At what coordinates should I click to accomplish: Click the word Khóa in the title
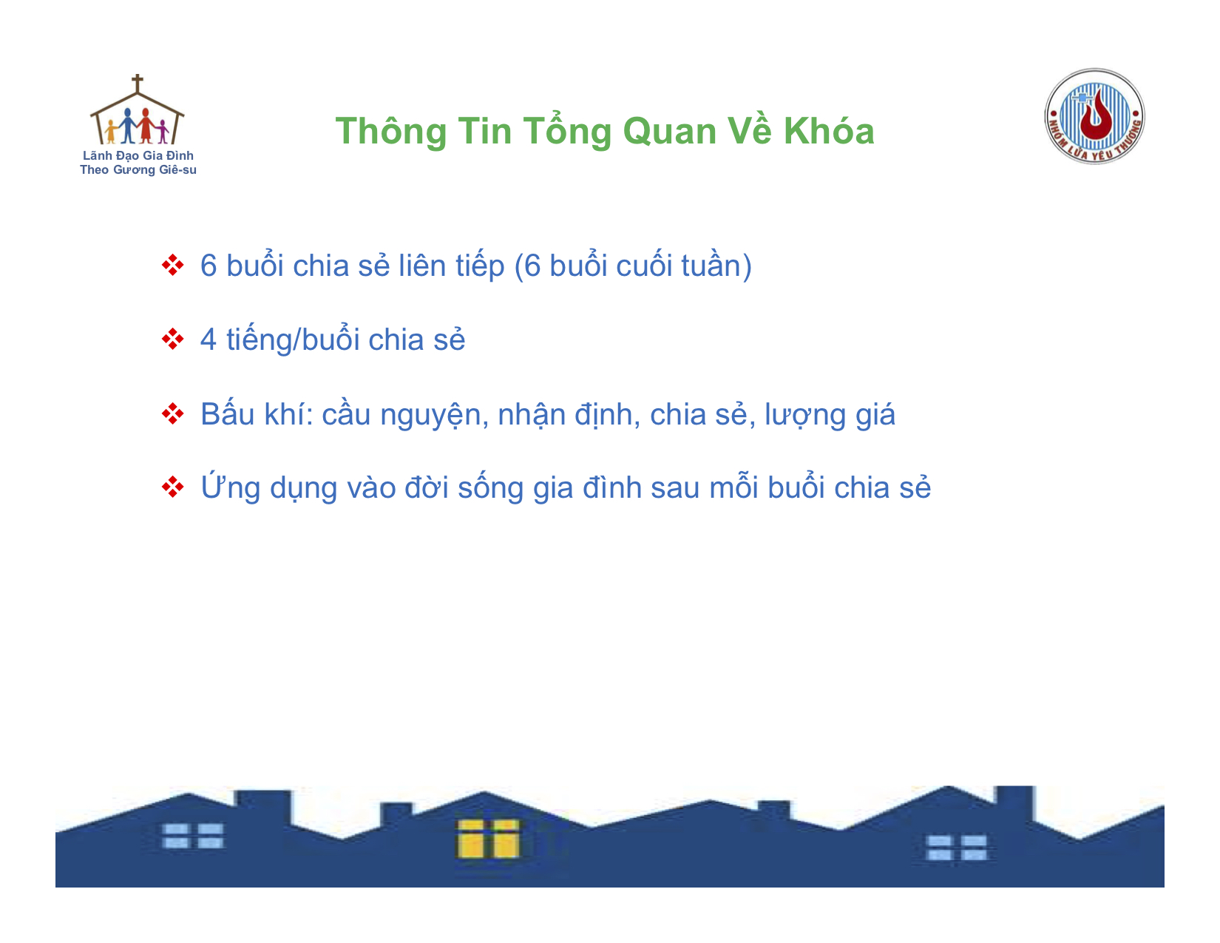click(829, 132)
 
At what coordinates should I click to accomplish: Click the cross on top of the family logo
click(137, 83)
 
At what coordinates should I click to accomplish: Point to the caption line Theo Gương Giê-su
click(138, 169)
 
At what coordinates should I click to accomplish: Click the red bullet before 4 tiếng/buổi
click(172, 339)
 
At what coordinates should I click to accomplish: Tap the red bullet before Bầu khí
click(172, 414)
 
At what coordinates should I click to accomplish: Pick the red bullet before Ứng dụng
click(172, 487)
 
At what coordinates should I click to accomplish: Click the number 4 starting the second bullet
click(209, 339)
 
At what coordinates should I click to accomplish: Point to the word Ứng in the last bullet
click(231, 486)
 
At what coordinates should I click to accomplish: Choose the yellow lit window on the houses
click(489, 839)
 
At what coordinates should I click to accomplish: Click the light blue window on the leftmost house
click(192, 836)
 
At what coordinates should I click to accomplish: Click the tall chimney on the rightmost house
click(1014, 803)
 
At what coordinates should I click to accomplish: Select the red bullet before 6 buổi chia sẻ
click(172, 265)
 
